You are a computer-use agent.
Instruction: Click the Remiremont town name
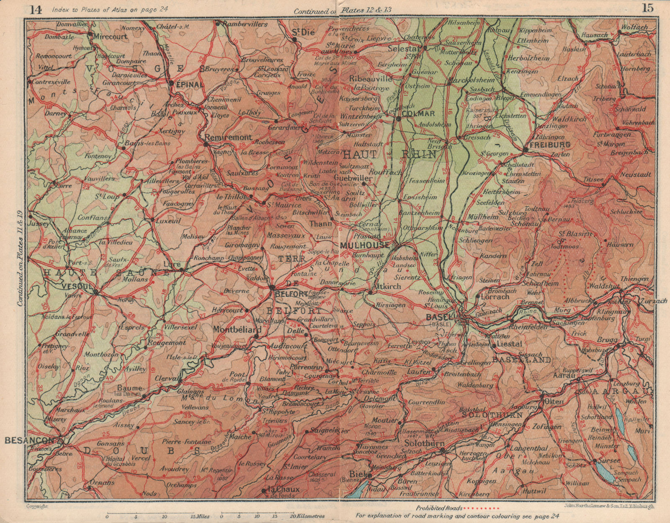(x=228, y=137)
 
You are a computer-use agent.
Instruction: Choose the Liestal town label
(x=508, y=344)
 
